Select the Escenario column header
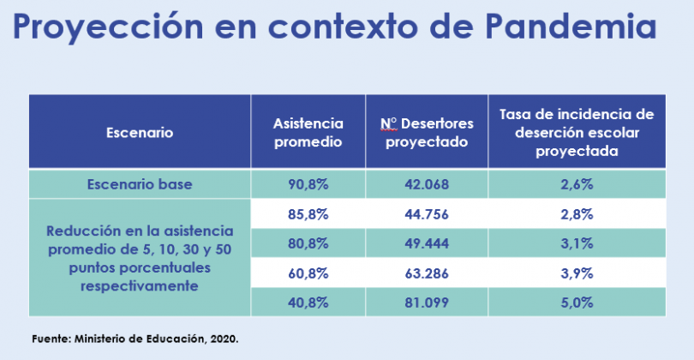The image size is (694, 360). coord(140,133)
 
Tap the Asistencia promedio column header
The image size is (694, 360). coord(308,133)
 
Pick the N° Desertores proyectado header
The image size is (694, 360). coord(427,133)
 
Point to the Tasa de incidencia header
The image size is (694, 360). coord(577,132)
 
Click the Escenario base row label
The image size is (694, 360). coord(140,183)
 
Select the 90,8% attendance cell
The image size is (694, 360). coord(308,183)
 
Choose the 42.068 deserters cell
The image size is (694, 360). coord(427,183)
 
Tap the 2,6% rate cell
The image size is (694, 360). coord(577,183)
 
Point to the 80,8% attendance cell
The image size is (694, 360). coord(308,243)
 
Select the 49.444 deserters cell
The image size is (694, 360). coord(427,243)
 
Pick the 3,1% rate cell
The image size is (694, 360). coord(577,243)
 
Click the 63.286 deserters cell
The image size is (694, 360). coord(427,272)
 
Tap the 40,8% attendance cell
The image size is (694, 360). coord(308,302)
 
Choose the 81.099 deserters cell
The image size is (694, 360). coord(427,302)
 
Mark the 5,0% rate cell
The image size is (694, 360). coord(577,302)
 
